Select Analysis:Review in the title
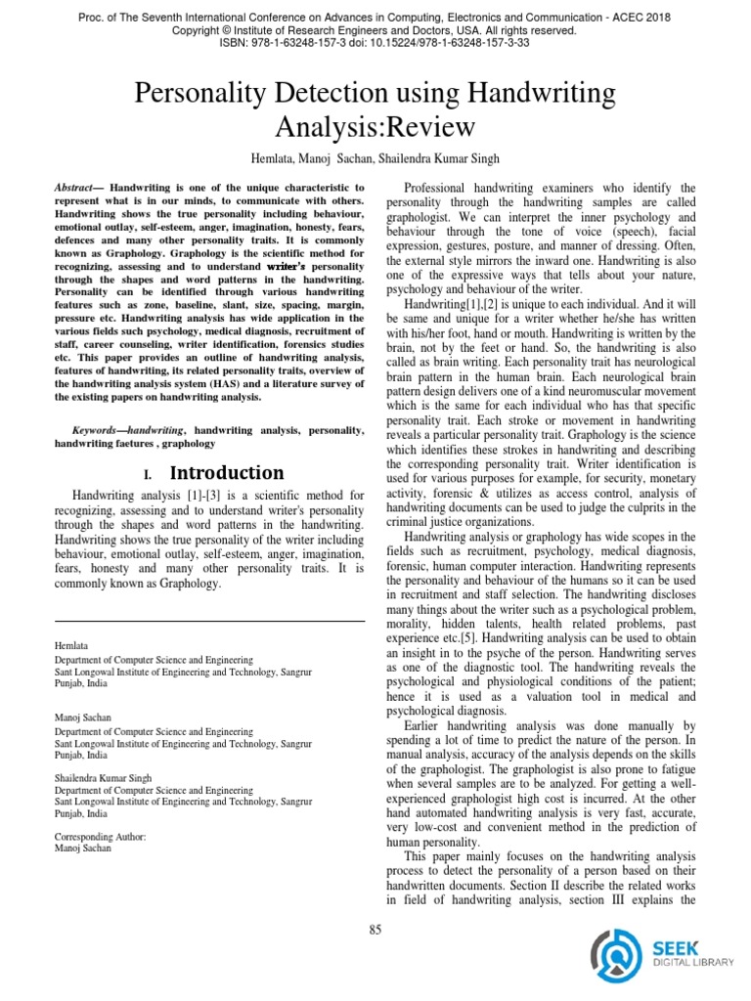tap(375, 127)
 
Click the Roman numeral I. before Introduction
tap(148, 475)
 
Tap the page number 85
tap(375, 929)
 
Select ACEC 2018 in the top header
tap(644, 18)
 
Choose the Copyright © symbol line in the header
tap(375, 30)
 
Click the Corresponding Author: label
tap(100, 837)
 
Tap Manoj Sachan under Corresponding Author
tap(82, 849)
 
